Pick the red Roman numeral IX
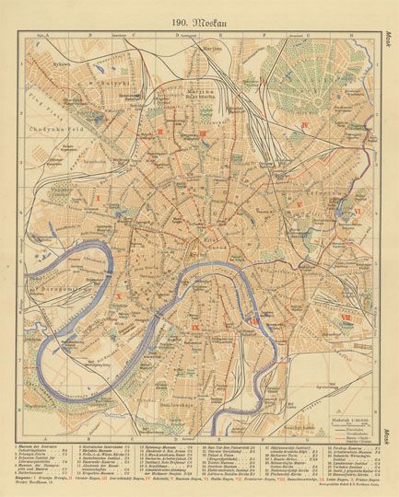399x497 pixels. (x=195, y=327)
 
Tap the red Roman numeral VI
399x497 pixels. (x=357, y=211)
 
